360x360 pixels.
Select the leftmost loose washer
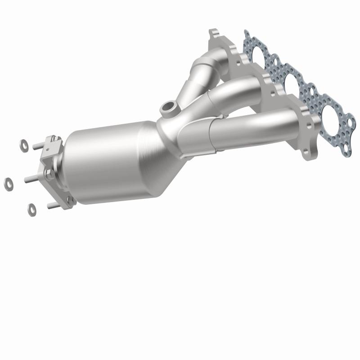[8, 183]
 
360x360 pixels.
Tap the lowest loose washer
[32, 208]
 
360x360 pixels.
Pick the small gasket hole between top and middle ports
[278, 69]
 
